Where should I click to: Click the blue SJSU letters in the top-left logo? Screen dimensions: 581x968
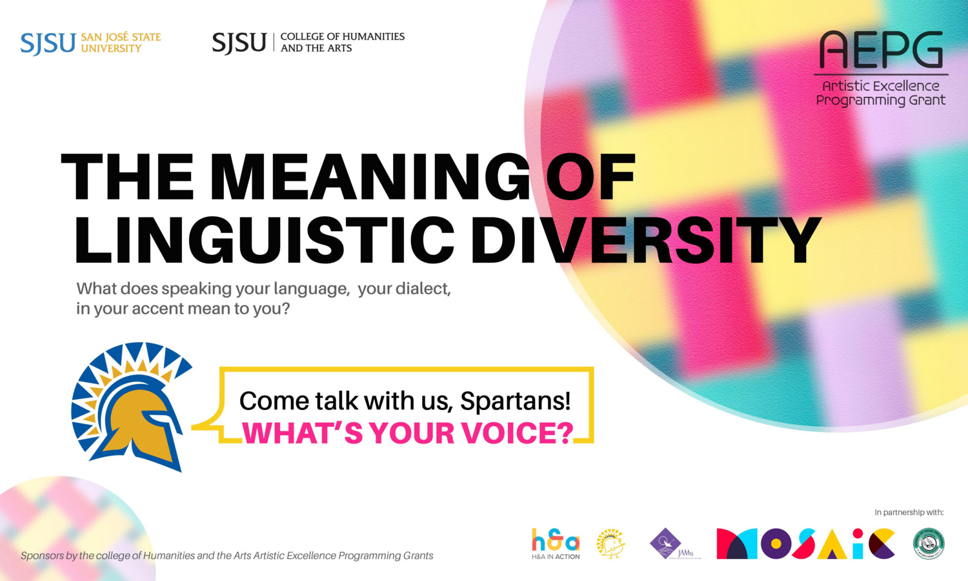pos(48,43)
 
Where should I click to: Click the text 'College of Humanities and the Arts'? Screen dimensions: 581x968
pos(342,43)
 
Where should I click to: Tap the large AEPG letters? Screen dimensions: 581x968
pos(881,50)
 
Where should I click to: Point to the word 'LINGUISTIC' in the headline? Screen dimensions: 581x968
pos(265,240)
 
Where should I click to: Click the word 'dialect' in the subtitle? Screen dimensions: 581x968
pos(423,289)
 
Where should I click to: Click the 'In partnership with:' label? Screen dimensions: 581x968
pos(909,513)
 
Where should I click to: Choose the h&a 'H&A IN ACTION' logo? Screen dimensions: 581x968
pos(556,544)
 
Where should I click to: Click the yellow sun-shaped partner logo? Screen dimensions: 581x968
pos(610,544)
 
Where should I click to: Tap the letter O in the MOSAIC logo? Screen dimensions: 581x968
pos(775,544)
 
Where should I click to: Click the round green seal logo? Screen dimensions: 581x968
pos(929,544)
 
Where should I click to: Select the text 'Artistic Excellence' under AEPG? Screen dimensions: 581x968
pos(880,86)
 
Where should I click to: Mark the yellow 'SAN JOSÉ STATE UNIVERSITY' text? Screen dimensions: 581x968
pos(121,43)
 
